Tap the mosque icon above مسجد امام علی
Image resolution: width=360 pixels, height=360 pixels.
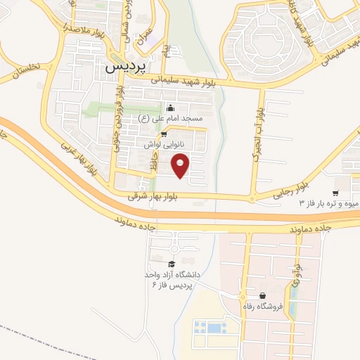pos(169,108)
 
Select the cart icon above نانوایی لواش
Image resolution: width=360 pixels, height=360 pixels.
pos(164,134)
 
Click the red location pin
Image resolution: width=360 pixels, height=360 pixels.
pos(181,166)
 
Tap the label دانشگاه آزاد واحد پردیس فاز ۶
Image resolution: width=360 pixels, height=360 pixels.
pos(172,278)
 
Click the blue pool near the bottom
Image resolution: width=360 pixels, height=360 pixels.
pos(210,327)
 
